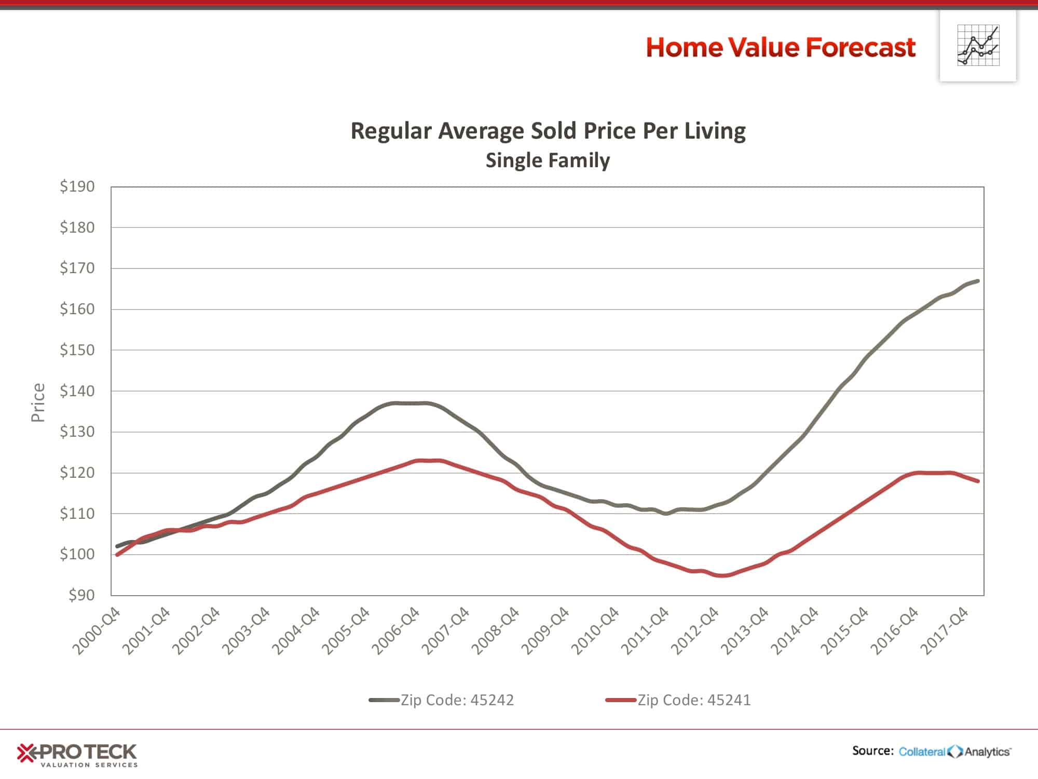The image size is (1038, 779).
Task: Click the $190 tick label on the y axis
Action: (x=77, y=186)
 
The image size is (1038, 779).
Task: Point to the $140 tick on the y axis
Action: (x=77, y=391)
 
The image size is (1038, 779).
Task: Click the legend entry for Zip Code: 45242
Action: (x=441, y=700)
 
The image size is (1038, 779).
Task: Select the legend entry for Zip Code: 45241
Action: (x=678, y=700)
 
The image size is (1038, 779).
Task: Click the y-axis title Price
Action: (x=38, y=402)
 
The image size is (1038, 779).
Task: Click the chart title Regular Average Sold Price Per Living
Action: (x=548, y=131)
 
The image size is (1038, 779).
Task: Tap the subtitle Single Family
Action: (x=548, y=160)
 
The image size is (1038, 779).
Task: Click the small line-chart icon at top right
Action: (x=978, y=45)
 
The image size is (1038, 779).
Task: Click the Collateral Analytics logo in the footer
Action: (x=955, y=751)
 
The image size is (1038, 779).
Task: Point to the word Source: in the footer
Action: (x=872, y=750)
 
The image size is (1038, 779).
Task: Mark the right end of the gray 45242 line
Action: (x=978, y=281)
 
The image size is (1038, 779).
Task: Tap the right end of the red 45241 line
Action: (x=978, y=481)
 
